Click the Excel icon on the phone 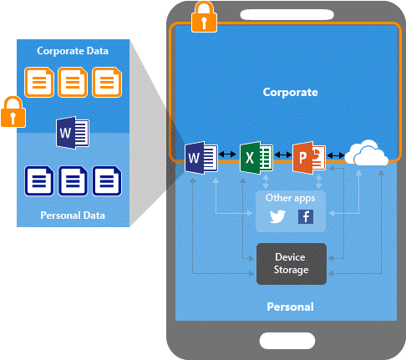[x=256, y=158]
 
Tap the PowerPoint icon [x=309, y=158]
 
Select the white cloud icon [x=366, y=153]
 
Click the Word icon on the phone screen [x=201, y=158]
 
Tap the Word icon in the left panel [x=73, y=133]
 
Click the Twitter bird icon [x=277, y=216]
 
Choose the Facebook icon [x=306, y=216]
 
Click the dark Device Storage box [x=292, y=264]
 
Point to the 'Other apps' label [x=291, y=198]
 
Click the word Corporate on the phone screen [x=290, y=92]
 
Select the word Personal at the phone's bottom [x=290, y=307]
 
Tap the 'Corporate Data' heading [x=73, y=51]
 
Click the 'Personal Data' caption [x=73, y=215]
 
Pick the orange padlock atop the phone [x=204, y=17]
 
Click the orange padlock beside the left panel [x=13, y=112]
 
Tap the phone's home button [x=287, y=341]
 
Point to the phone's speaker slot [x=287, y=14]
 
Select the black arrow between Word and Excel [x=227, y=154]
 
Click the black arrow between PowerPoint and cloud [x=336, y=155]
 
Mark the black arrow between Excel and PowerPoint [x=283, y=155]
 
